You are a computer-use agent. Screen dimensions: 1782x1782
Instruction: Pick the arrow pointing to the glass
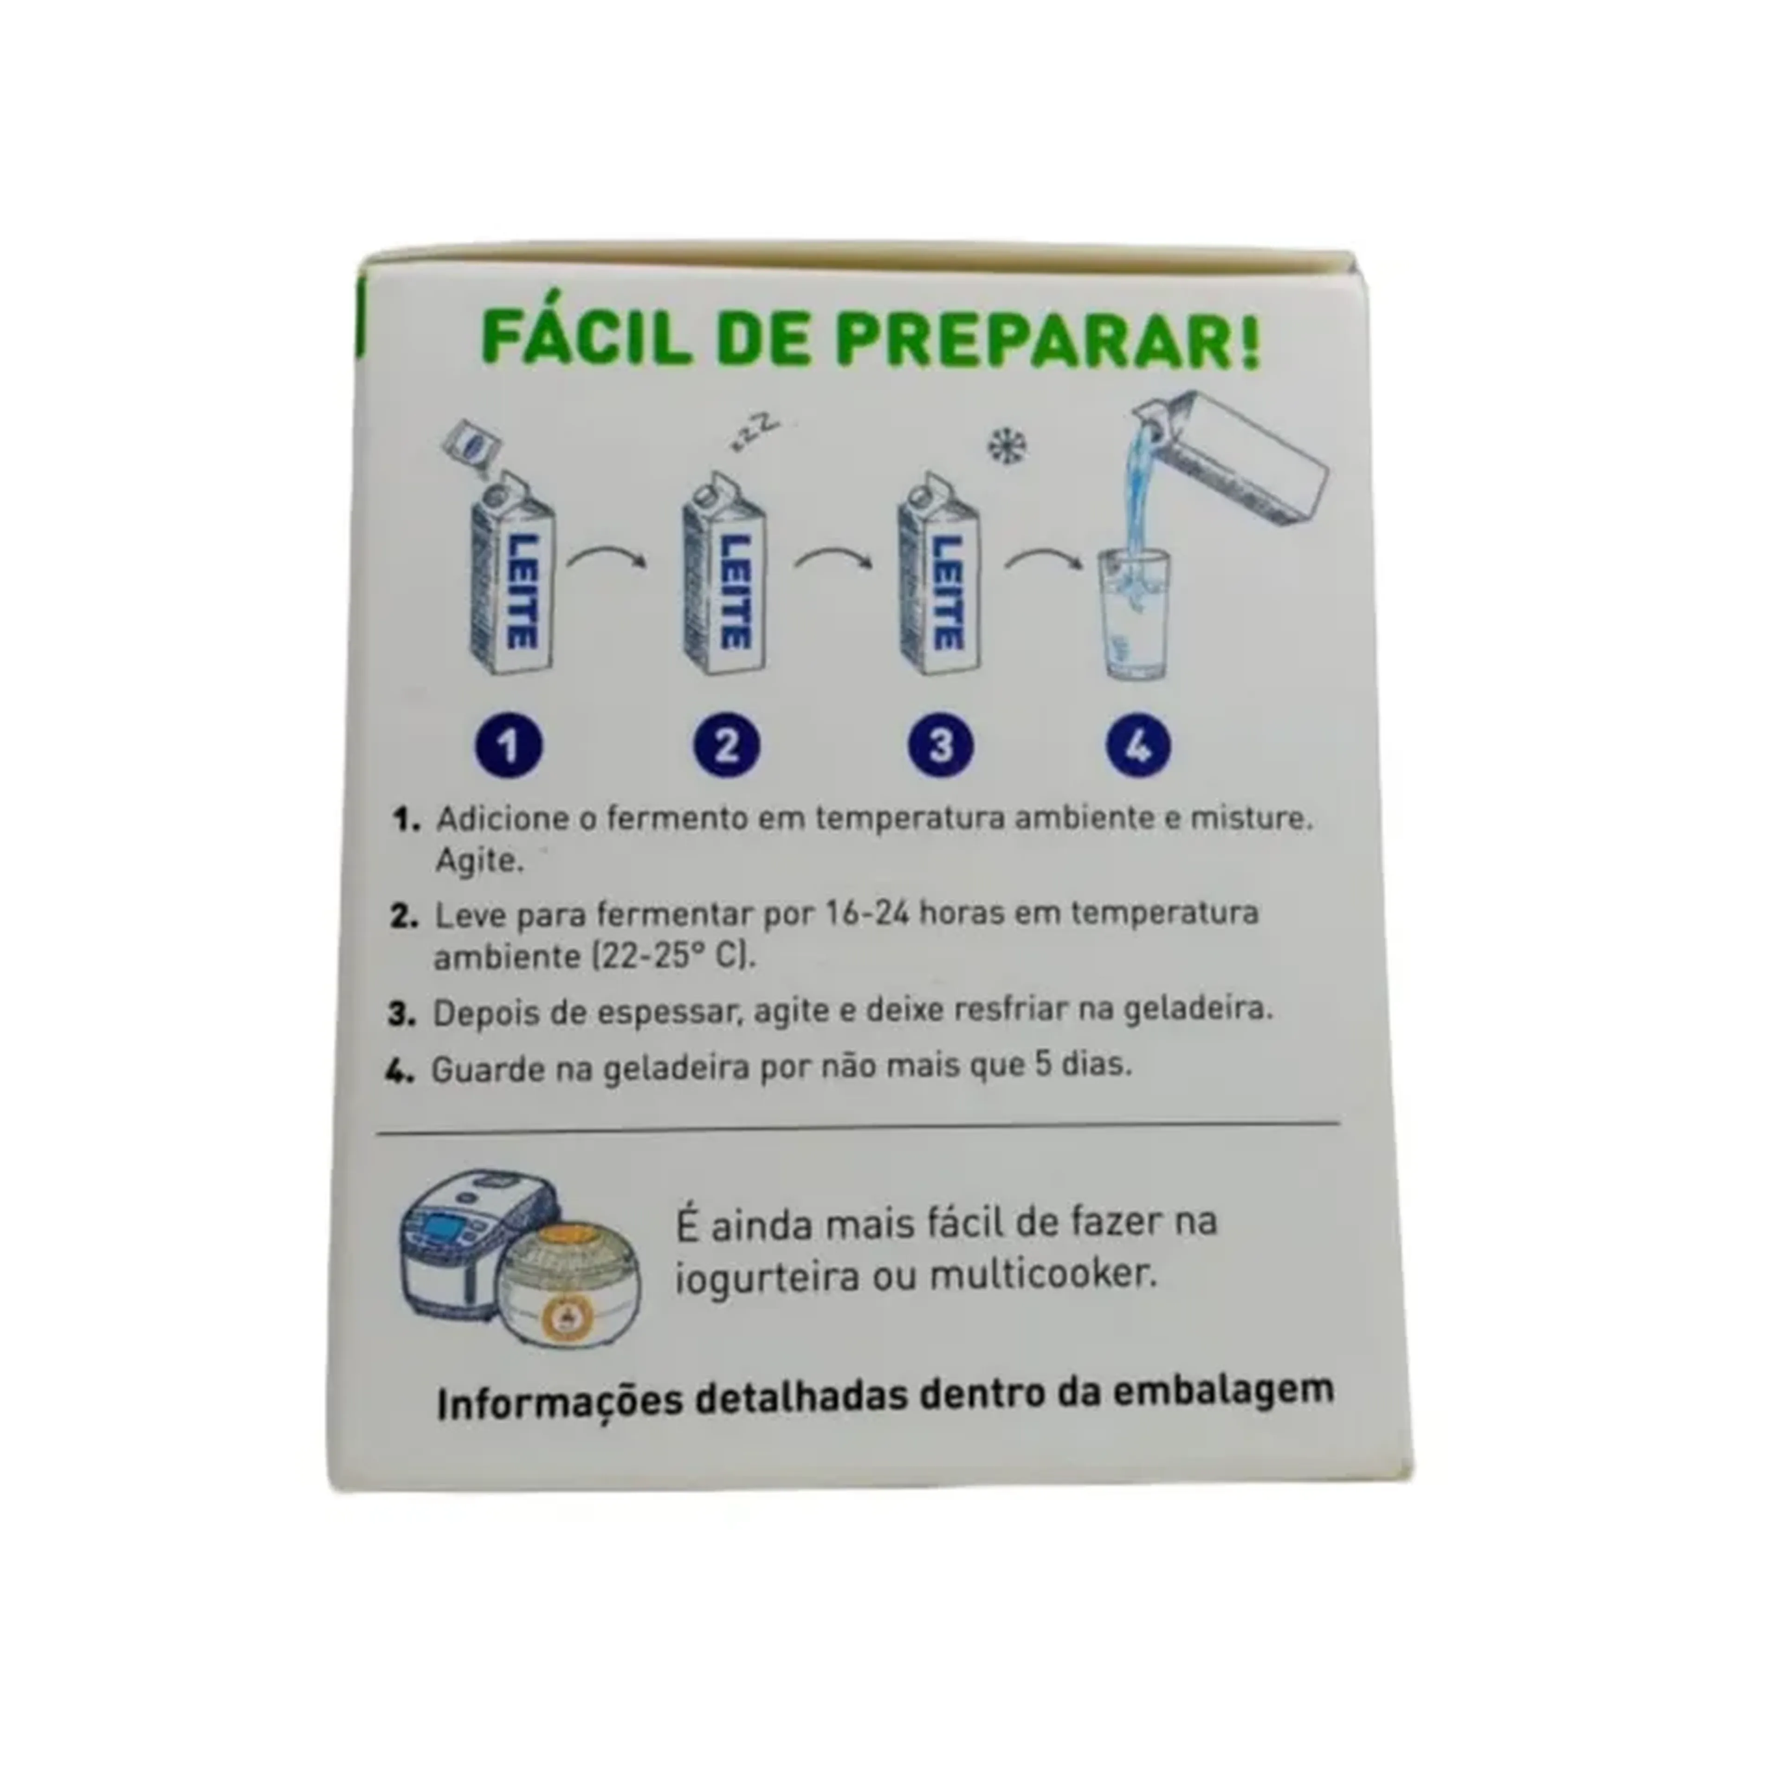click(1046, 556)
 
